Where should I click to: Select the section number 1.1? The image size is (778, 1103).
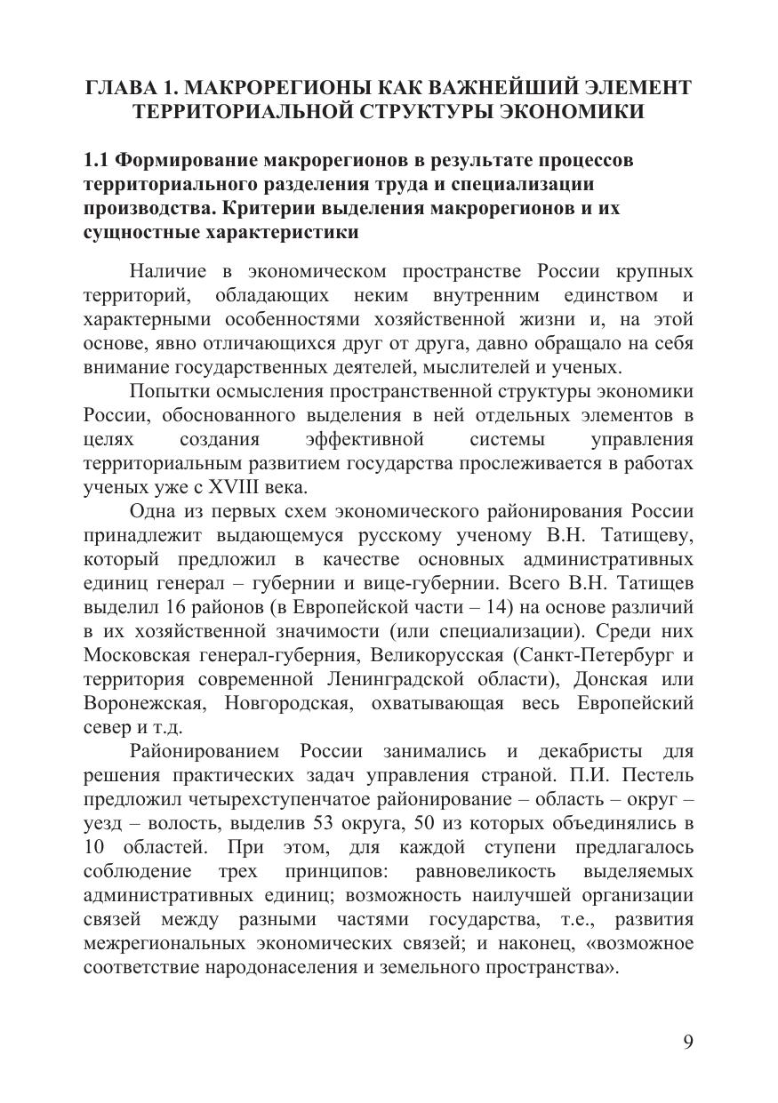(97, 161)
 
